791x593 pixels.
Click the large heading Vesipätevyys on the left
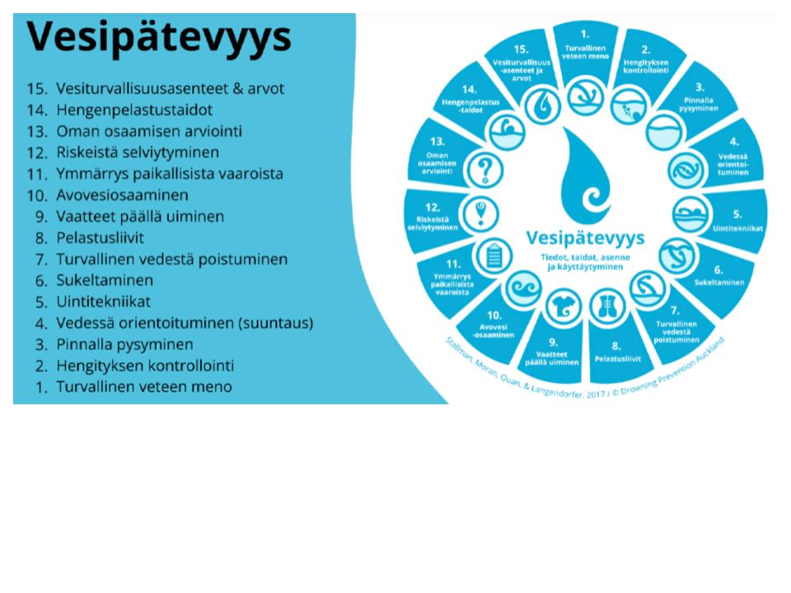[159, 37]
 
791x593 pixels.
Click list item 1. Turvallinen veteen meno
[144, 386]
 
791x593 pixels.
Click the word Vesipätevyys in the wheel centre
[585, 238]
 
